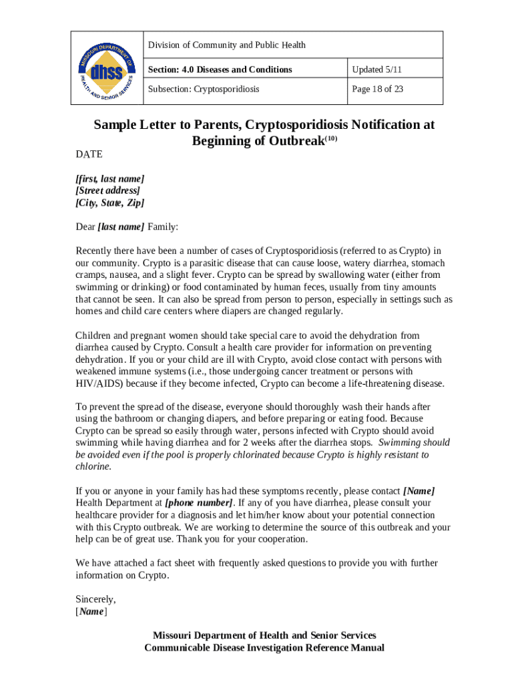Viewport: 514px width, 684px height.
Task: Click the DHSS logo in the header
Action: [x=107, y=68]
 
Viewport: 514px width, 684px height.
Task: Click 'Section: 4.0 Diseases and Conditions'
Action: [x=220, y=69]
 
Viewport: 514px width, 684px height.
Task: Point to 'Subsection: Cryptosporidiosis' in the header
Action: [x=204, y=89]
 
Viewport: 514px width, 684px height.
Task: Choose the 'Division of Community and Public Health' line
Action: [x=226, y=45]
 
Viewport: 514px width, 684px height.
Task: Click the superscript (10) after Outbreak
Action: [x=331, y=139]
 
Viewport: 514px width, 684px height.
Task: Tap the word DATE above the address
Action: [x=89, y=154]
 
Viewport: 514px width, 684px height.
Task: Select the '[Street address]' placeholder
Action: [x=107, y=190]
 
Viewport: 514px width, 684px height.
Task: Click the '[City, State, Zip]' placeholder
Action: [x=109, y=202]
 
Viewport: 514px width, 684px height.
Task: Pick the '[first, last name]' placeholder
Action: [x=109, y=178]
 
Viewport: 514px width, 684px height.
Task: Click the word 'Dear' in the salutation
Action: [x=85, y=226]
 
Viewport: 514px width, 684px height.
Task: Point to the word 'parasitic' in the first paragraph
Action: [x=184, y=263]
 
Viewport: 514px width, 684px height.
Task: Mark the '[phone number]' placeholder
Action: [x=198, y=502]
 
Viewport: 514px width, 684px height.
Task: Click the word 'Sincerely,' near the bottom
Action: [x=95, y=599]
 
